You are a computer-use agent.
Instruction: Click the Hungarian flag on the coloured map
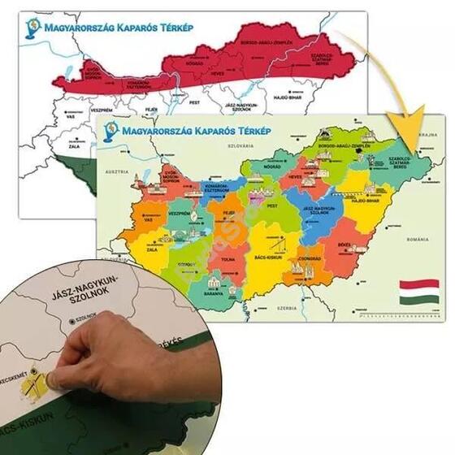(x=418, y=292)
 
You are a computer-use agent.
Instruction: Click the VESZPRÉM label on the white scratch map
(x=102, y=107)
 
